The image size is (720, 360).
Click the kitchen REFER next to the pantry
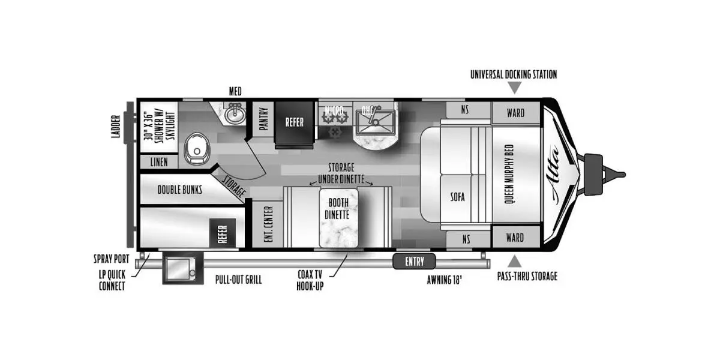pyautogui.click(x=294, y=122)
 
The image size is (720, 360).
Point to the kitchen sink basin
pyautogui.click(x=374, y=122)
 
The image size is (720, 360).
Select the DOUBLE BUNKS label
pyautogui.click(x=179, y=190)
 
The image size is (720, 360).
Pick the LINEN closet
pyautogui.click(x=158, y=163)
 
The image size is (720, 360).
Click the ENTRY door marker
pyautogui.click(x=415, y=261)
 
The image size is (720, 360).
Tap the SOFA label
pyautogui.click(x=458, y=196)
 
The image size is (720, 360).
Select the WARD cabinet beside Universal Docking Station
pyautogui.click(x=515, y=112)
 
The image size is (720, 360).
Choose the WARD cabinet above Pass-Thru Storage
pyautogui.click(x=515, y=237)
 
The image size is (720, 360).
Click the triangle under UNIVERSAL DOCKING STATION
pyautogui.click(x=514, y=88)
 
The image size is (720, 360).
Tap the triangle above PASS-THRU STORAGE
pyautogui.click(x=514, y=261)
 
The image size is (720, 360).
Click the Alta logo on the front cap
pyautogui.click(x=556, y=174)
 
